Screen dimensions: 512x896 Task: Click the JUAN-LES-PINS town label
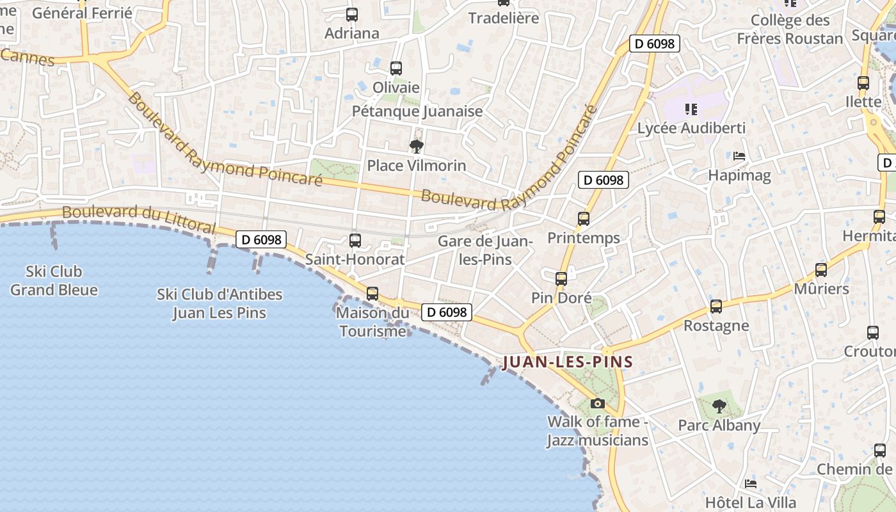[x=568, y=362]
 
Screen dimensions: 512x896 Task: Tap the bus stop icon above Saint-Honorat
[x=355, y=241]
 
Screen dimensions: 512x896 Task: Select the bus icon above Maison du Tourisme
[x=372, y=294]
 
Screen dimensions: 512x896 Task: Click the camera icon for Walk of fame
[x=598, y=403]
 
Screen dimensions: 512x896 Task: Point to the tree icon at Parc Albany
[x=719, y=406]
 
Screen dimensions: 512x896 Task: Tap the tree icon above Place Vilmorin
[x=417, y=147]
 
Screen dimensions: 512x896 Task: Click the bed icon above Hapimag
[x=739, y=156]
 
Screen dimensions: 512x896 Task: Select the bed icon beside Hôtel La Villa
[x=751, y=483]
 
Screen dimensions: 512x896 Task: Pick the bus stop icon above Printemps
[x=584, y=219]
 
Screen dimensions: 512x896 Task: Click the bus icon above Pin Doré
[x=561, y=279]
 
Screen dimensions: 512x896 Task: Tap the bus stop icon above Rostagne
[x=716, y=307]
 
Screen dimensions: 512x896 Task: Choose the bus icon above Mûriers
[x=821, y=270]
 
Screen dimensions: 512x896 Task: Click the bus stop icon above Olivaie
[x=396, y=68]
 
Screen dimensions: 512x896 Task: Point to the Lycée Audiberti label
[x=691, y=128]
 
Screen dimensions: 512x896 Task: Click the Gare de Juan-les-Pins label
[x=485, y=250]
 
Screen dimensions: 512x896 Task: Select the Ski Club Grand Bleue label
[x=54, y=280]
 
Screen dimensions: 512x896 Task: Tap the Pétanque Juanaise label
[x=417, y=111]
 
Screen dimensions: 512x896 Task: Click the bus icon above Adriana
[x=352, y=15]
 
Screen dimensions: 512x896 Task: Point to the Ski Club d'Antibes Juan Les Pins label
[x=220, y=303]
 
